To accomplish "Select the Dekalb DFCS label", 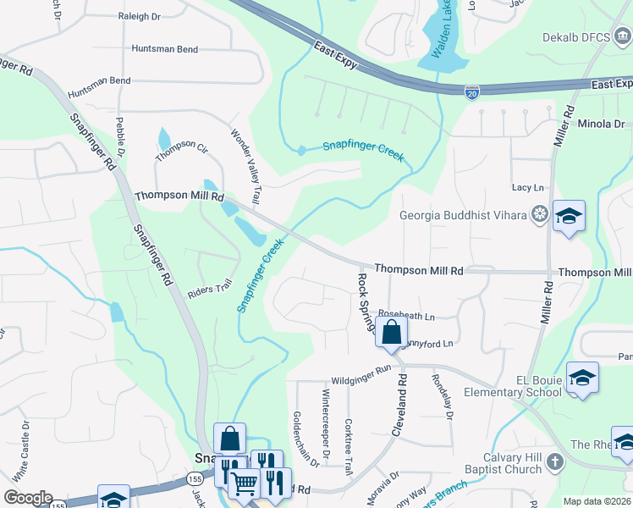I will [x=586, y=38].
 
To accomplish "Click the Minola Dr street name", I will [x=600, y=124].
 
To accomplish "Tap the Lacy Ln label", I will [x=527, y=187].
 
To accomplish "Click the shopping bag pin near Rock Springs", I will [x=391, y=333].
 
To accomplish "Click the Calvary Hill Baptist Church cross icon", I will [x=554, y=461].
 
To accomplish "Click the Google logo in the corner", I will [x=28, y=497].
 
